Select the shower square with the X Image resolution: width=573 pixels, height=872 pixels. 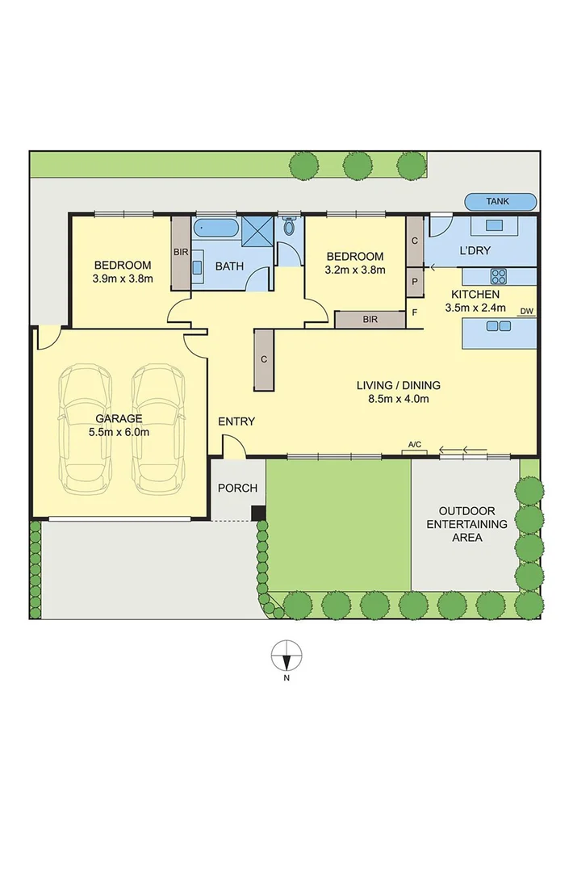259,231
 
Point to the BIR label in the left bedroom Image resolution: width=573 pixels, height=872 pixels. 181,252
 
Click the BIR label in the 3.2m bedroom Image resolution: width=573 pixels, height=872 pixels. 370,320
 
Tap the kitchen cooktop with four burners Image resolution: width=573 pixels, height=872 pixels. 499,275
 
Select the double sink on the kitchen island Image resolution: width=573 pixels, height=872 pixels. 499,326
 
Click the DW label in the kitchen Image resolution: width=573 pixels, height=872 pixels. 526,311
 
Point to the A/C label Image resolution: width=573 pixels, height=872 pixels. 415,445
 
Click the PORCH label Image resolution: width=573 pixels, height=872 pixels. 238,488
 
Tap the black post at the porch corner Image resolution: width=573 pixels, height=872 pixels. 257,513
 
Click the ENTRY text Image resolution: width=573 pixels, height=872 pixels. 236,421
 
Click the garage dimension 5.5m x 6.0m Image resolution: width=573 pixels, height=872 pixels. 119,431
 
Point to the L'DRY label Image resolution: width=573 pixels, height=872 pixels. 475,251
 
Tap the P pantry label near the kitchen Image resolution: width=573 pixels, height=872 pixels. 415,282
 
